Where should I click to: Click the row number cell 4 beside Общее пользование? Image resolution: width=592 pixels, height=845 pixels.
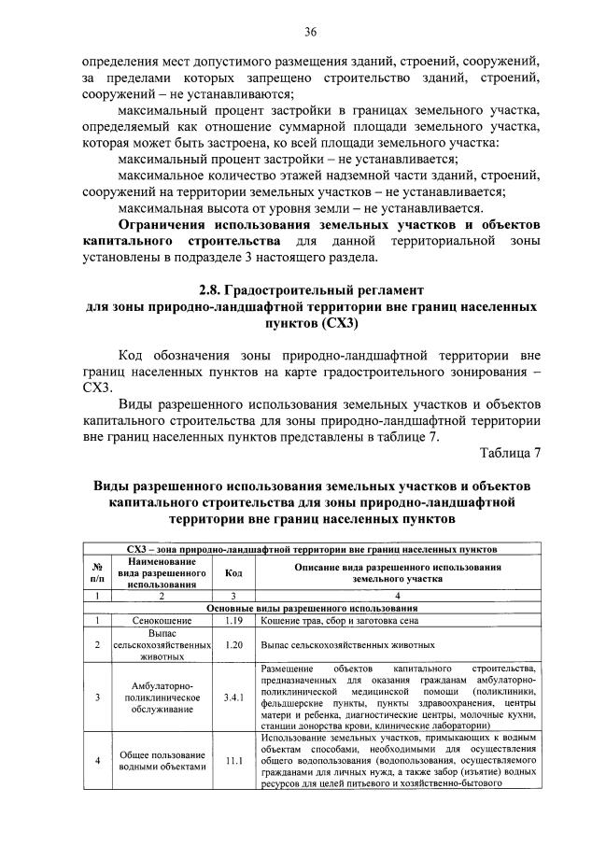(97, 760)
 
